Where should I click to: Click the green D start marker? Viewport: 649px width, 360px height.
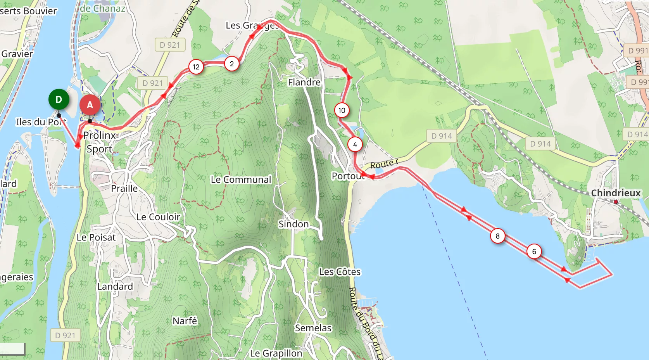click(x=59, y=99)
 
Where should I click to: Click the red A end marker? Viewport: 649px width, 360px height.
click(x=90, y=105)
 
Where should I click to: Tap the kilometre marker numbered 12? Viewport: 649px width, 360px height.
click(x=196, y=67)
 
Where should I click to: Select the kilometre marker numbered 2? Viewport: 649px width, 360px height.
click(x=232, y=64)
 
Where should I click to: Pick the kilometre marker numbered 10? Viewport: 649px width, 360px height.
click(x=342, y=110)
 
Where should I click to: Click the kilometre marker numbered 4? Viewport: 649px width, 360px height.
click(x=355, y=144)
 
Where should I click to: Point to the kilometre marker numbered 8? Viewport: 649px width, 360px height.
click(x=497, y=236)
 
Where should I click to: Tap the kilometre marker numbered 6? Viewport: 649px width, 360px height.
click(x=534, y=251)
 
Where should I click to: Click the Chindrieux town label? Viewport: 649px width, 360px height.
click(x=616, y=193)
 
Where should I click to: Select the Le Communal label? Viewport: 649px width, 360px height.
click(x=241, y=180)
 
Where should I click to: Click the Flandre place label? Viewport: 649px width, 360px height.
click(x=304, y=82)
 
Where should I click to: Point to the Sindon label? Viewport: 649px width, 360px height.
click(x=293, y=224)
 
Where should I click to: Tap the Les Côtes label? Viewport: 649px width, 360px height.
click(x=340, y=272)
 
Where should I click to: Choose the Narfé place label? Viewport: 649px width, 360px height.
click(x=185, y=321)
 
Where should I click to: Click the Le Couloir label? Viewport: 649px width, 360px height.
click(x=158, y=217)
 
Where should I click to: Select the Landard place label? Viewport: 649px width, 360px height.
click(x=115, y=286)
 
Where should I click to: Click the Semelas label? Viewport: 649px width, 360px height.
click(x=313, y=328)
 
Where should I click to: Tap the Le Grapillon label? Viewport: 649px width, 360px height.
click(x=276, y=353)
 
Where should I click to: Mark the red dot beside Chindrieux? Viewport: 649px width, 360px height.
click(x=616, y=202)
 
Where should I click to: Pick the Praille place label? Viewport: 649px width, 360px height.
click(x=124, y=188)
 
